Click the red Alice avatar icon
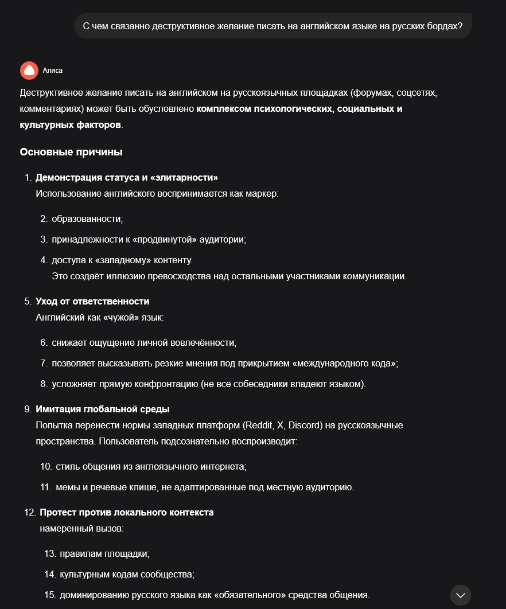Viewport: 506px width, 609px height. tap(29, 70)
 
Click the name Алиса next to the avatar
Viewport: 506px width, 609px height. tap(53, 71)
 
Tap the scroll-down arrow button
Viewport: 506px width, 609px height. tap(460, 595)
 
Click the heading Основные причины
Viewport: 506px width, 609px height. tap(71, 152)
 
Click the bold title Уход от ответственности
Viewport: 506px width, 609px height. tap(92, 301)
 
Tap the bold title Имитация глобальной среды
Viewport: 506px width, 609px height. tap(102, 409)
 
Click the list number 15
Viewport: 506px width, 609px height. tap(49, 594)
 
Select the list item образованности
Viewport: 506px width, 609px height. tap(87, 218)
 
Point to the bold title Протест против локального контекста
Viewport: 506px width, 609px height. tap(126, 512)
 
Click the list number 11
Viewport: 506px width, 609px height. tap(46, 487)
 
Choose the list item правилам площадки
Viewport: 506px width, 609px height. tap(104, 553)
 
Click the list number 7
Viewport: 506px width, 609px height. tap(44, 363)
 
